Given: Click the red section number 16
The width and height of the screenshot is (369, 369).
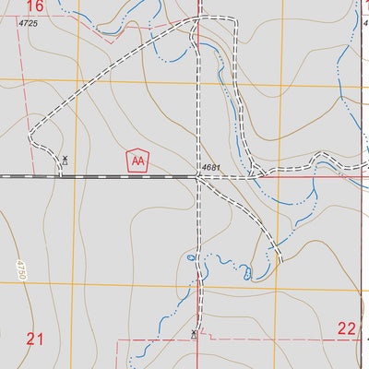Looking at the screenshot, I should pos(34,6).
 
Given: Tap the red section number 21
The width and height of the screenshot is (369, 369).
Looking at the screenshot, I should pos(35,339).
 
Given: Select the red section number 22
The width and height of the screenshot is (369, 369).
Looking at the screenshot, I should pos(346,328).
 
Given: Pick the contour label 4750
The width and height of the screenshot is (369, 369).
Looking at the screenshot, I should pos(19,271).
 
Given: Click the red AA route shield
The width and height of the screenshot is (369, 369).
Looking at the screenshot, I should pos(137,161).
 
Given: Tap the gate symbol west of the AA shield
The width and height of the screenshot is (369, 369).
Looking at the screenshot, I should pos(65,160).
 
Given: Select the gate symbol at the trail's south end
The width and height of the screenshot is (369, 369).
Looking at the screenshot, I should pos(194,333).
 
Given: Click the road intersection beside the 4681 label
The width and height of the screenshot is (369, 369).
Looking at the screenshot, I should pos(197,176).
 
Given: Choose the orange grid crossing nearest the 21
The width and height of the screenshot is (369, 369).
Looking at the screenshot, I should pos(74,285).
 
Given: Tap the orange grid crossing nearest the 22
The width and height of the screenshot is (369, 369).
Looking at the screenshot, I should pos(358,291).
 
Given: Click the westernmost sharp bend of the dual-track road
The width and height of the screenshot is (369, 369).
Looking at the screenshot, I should pos(30,141).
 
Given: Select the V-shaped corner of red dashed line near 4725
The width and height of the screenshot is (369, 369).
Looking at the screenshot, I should pos(110,42).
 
